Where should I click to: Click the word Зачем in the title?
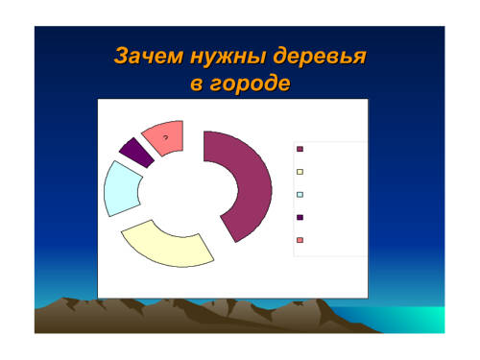coord(149,56)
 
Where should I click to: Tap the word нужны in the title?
coord(228,57)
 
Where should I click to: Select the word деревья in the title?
coord(320,57)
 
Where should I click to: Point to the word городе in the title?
coord(250,84)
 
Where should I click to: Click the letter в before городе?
coord(197,84)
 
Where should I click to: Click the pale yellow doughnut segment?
coord(167,248)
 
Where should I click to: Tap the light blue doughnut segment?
coord(121,189)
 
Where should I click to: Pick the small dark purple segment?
coord(137,153)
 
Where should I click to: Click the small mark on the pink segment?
coord(165,137)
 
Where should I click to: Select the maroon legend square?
coord(300,149)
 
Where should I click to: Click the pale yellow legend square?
coord(300,172)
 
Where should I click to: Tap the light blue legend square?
coord(300,195)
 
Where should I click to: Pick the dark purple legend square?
coord(300,217)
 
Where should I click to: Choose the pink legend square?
coord(300,240)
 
